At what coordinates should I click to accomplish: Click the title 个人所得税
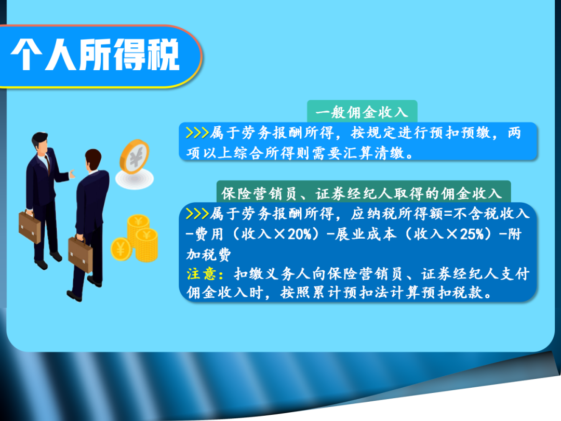click(95, 55)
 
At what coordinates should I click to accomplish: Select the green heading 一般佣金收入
click(362, 112)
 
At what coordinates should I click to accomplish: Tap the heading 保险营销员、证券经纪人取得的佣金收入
click(362, 194)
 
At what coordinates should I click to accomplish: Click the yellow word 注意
click(201, 274)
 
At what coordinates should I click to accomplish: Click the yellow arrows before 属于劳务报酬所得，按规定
click(197, 133)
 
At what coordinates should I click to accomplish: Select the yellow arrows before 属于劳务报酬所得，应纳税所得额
click(197, 214)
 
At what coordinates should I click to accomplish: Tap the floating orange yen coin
click(135, 156)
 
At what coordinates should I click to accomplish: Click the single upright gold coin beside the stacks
click(121, 249)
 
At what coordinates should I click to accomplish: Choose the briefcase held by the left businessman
click(30, 227)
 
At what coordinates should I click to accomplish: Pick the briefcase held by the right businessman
click(81, 255)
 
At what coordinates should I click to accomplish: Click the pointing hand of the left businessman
click(72, 174)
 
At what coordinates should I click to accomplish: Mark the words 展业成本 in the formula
click(366, 234)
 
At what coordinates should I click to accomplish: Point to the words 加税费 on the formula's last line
click(209, 255)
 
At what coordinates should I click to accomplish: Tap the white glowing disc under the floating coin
click(135, 179)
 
